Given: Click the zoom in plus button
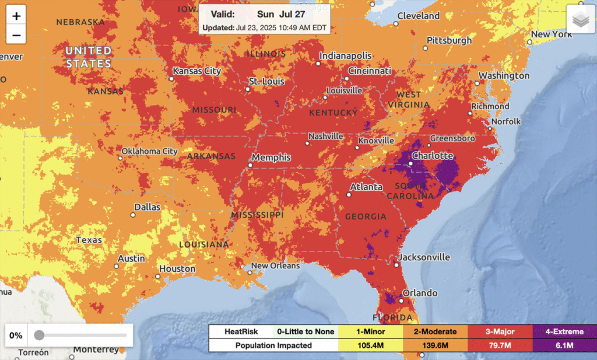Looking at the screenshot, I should pos(16,16).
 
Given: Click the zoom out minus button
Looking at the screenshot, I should pos(16,35).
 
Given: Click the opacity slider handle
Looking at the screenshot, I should pos(39,335).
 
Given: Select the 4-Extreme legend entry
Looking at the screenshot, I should pos(564,331).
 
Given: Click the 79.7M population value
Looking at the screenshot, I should pos(499,345).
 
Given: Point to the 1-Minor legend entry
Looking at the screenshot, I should pos(370,331).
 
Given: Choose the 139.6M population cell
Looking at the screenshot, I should pos(434,345).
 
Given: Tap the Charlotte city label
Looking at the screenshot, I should pos(432,156).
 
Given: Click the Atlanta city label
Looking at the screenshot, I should pos(366,187).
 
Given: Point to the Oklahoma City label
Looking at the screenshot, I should pos(149,151).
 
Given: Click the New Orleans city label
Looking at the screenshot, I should pos(275,265).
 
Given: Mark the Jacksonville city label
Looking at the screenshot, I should pos(424,257).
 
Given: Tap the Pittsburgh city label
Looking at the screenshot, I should pos(449,41).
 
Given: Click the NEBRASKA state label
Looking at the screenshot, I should pos(80,22).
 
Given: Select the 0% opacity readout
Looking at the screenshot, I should pos(16,335).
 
